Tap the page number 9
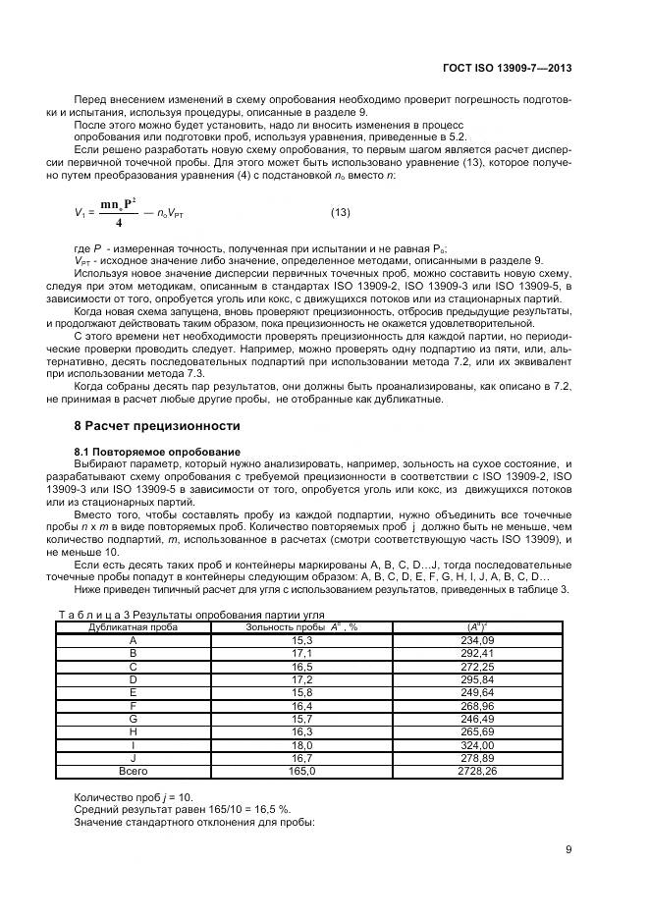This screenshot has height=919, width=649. (568, 850)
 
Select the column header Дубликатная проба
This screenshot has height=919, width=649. (134, 625)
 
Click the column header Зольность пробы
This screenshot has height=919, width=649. (287, 625)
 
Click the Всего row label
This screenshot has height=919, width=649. (133, 772)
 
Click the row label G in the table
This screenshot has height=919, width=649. (133, 719)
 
